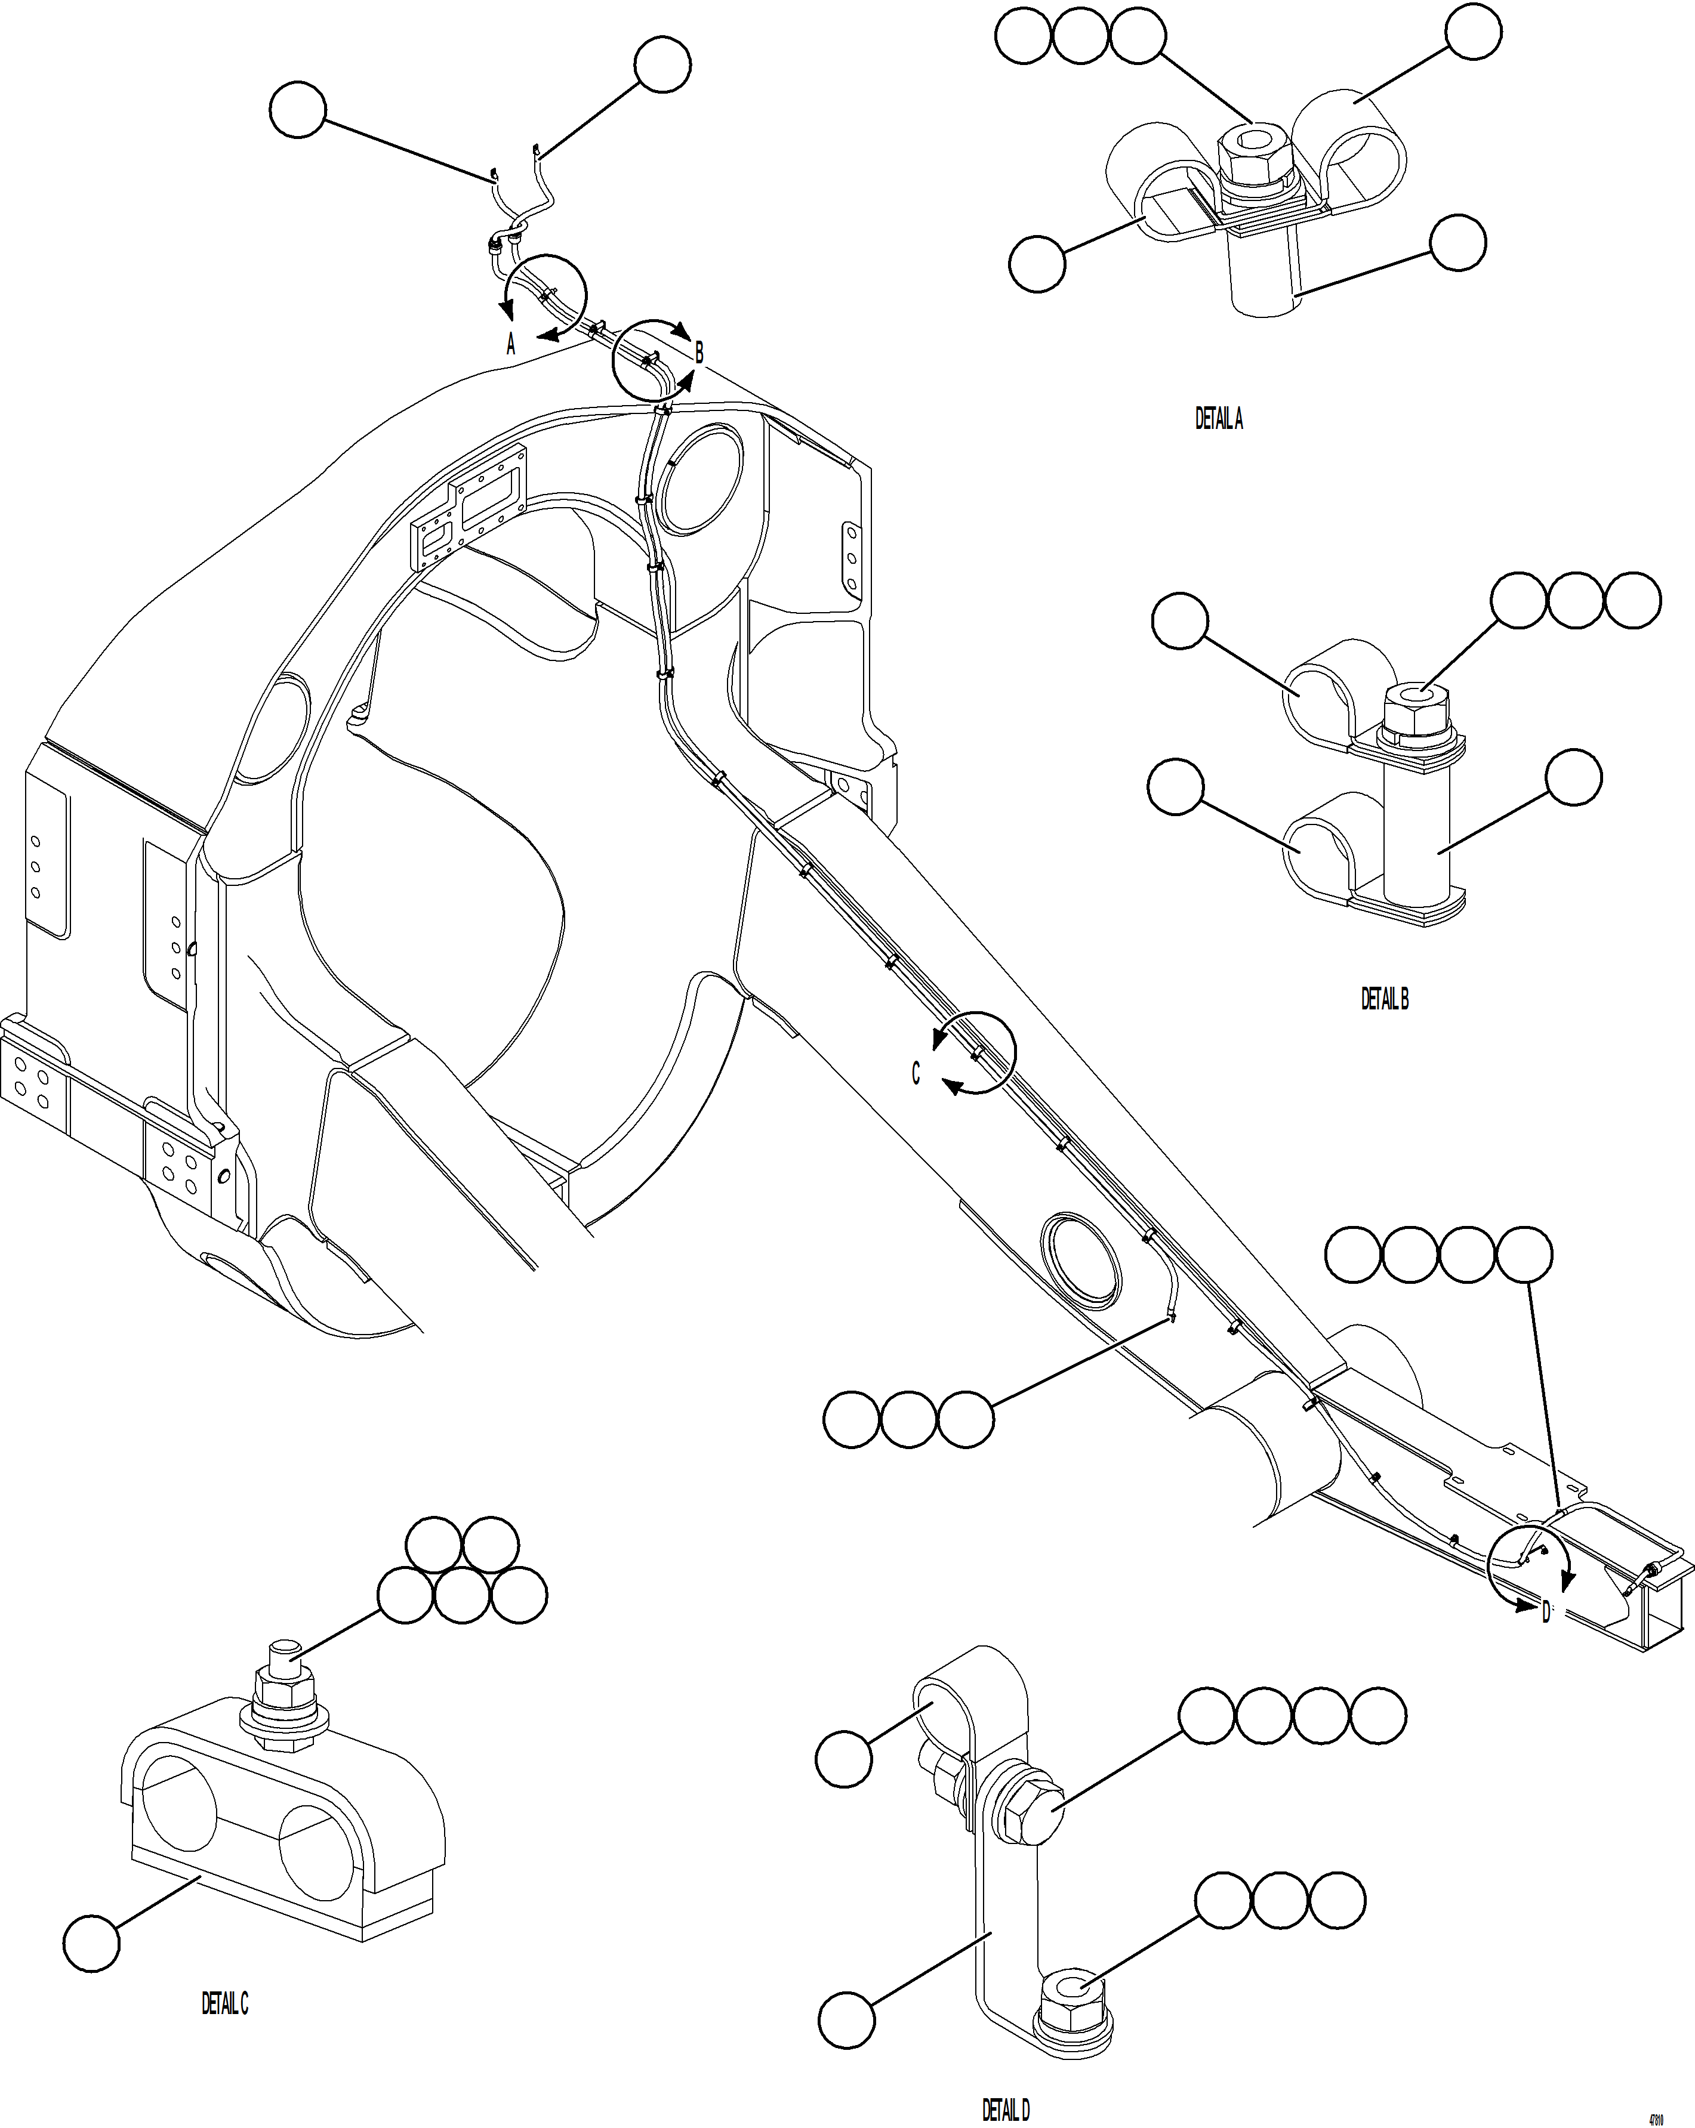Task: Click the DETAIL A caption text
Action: (x=1219, y=419)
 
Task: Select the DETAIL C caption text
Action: (x=225, y=2004)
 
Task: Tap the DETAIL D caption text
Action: (x=1005, y=2110)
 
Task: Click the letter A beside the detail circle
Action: (x=510, y=344)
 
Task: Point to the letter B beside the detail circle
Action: (x=699, y=353)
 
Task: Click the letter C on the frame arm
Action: (x=915, y=1074)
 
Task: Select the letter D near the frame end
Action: (x=1546, y=1612)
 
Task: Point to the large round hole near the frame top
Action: (x=703, y=478)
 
